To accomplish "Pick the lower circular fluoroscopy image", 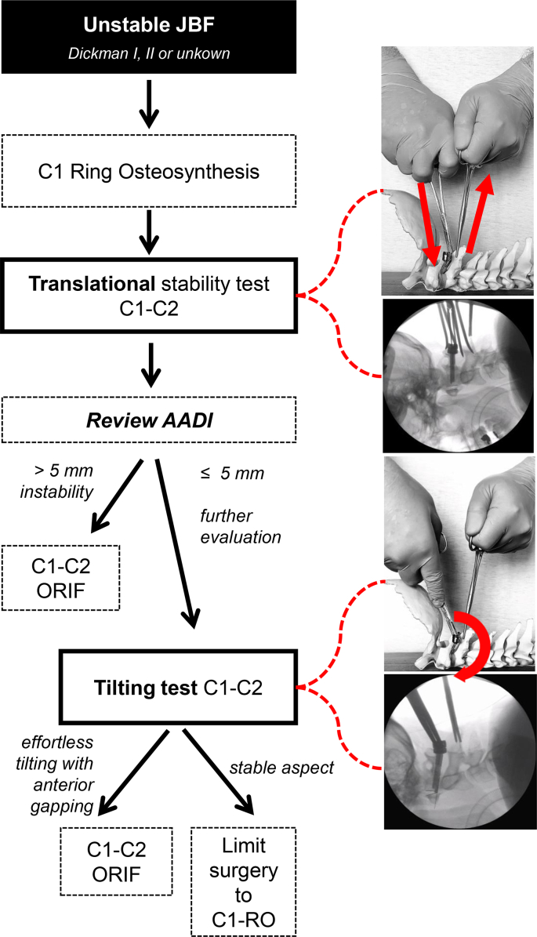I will (x=458, y=750).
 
